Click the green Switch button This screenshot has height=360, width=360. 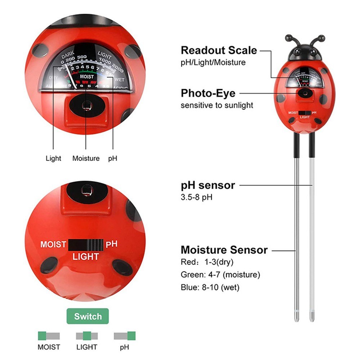point(88,317)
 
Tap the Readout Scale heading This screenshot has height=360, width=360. point(219,50)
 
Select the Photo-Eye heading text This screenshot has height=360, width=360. point(208,94)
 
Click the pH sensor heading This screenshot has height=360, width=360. point(208,185)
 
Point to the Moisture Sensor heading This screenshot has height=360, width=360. point(224,250)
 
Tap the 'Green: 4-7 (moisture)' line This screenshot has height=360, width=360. point(220,275)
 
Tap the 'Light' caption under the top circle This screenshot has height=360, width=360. point(53,158)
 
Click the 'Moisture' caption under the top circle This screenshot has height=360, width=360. point(86,158)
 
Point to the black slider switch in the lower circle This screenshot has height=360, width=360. point(86,245)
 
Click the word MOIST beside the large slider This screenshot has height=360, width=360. point(53,245)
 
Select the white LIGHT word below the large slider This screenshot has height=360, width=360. point(86,257)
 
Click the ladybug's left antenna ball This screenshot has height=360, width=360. point(289,38)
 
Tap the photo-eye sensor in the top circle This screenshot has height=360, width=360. point(86,106)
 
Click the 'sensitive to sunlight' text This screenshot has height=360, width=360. point(217,105)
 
